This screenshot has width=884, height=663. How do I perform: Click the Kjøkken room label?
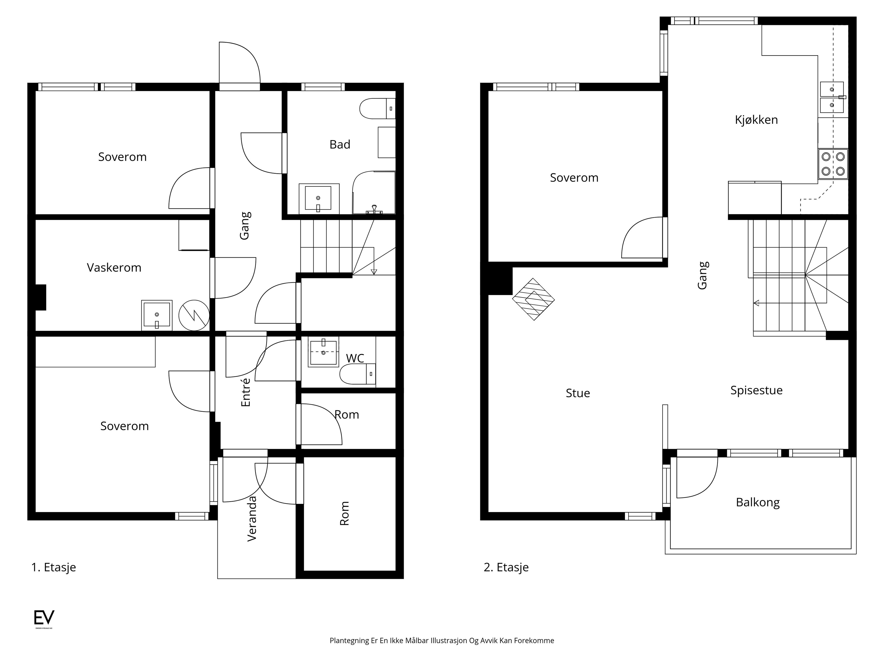[x=756, y=120]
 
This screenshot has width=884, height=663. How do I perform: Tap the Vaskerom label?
[x=114, y=267]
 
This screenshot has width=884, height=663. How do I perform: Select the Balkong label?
[x=758, y=502]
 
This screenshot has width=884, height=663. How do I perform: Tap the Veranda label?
[x=252, y=519]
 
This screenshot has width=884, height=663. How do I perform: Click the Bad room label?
[x=340, y=144]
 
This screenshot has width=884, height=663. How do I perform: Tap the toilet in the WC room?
[x=358, y=374]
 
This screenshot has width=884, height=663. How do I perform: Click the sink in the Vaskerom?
[x=157, y=315]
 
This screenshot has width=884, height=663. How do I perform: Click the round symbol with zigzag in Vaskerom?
[x=194, y=315]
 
